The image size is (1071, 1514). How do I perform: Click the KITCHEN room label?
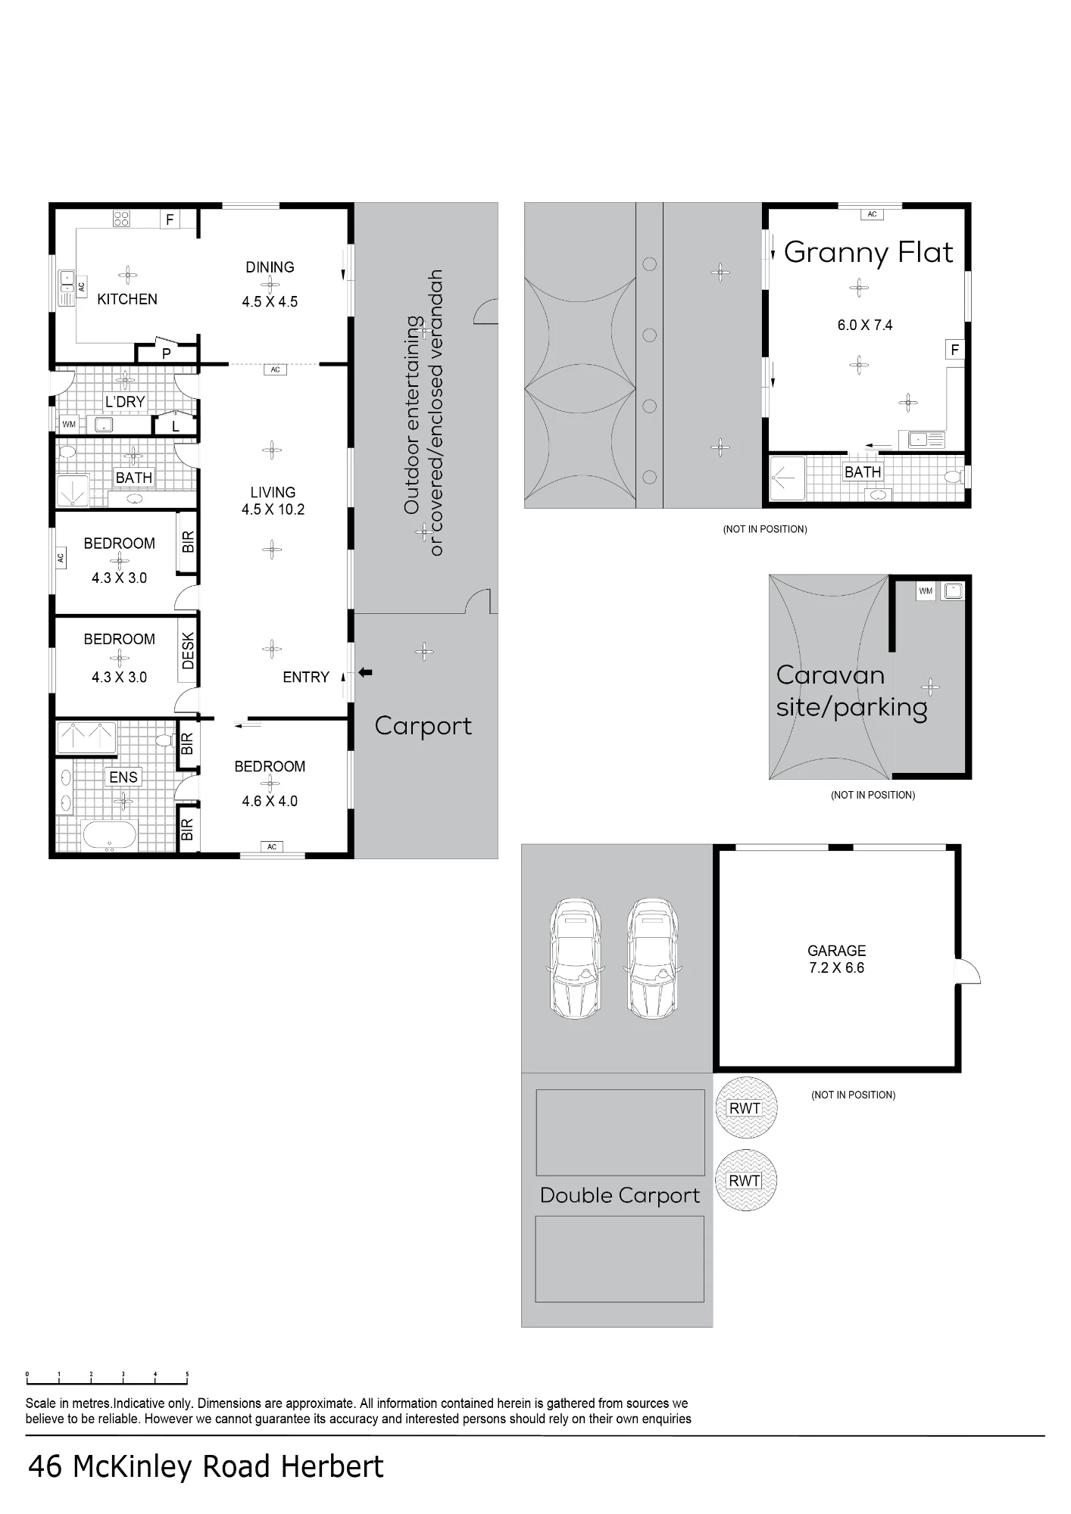pyautogui.click(x=127, y=299)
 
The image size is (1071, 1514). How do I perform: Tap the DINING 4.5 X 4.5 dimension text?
pyautogui.click(x=270, y=301)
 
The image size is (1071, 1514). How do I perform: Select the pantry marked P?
pyautogui.click(x=167, y=353)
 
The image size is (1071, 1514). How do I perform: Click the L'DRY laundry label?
pyautogui.click(x=125, y=401)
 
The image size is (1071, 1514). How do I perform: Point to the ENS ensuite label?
pyautogui.click(x=123, y=777)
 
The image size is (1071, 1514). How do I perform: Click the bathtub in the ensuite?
pyautogui.click(x=109, y=836)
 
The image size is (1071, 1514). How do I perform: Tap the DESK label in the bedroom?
pyautogui.click(x=188, y=651)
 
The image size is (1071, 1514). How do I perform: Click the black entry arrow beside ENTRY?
pyautogui.click(x=365, y=672)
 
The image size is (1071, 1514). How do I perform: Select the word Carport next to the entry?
pyautogui.click(x=423, y=726)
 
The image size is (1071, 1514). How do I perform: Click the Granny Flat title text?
pyautogui.click(x=868, y=252)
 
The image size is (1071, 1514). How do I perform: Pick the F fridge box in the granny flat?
pyautogui.click(x=954, y=350)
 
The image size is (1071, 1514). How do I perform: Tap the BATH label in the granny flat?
pyautogui.click(x=863, y=472)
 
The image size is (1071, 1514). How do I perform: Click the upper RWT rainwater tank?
pyautogui.click(x=745, y=1107)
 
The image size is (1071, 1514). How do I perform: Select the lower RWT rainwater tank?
pyautogui.click(x=745, y=1180)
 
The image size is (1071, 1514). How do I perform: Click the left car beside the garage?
pyautogui.click(x=576, y=958)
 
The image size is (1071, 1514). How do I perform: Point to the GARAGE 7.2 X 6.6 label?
pyautogui.click(x=836, y=959)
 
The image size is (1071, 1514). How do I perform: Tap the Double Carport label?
pyautogui.click(x=620, y=1195)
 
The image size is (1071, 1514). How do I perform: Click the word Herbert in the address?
pyautogui.click(x=333, y=1467)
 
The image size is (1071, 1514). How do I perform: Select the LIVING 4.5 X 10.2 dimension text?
pyautogui.click(x=273, y=501)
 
